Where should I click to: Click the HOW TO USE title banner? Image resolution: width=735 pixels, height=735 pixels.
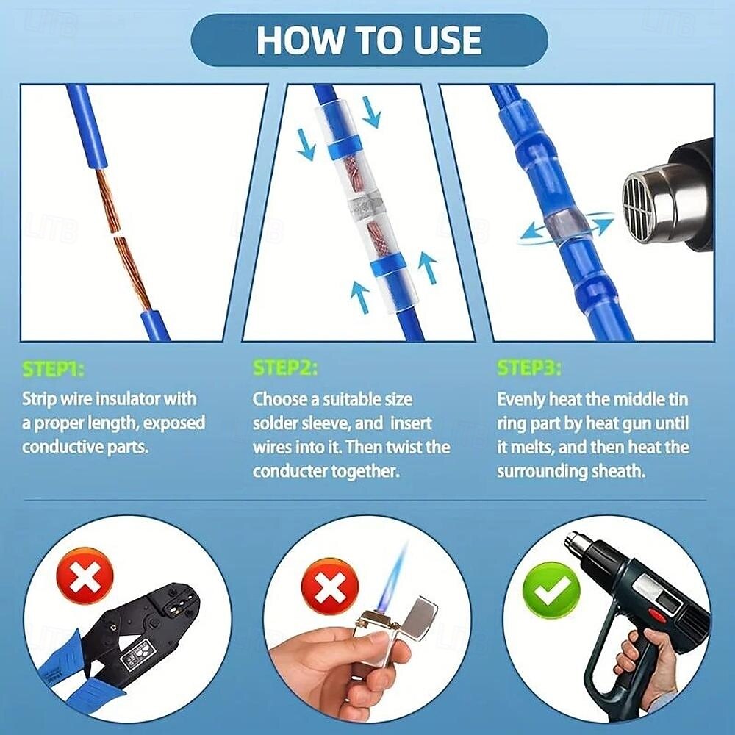click(370, 40)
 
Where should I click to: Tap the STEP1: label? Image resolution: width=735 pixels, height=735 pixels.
click(54, 369)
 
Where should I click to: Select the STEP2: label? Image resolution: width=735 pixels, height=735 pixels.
click(285, 368)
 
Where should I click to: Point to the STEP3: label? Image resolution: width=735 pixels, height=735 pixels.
click(528, 368)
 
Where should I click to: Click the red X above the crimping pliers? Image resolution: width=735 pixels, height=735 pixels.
click(85, 576)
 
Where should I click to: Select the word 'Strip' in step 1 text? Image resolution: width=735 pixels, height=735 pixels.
click(40, 399)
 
